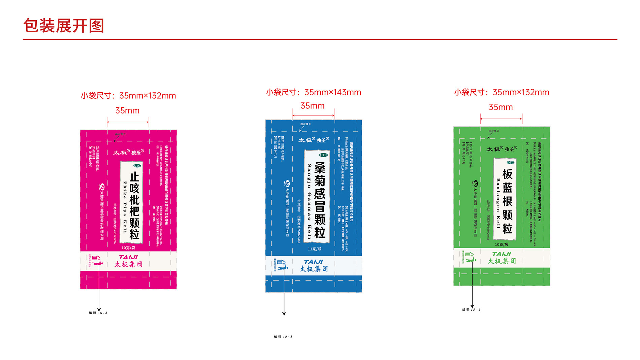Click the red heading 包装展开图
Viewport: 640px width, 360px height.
click(64, 26)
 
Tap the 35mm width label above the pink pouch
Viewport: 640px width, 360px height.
click(127, 110)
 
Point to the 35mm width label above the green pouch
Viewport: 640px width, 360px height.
click(501, 107)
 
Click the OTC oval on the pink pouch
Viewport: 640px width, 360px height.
click(137, 166)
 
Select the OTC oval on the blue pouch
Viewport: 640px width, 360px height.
click(323, 155)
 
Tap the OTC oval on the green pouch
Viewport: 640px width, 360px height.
click(511, 162)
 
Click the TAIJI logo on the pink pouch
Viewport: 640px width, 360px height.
click(128, 257)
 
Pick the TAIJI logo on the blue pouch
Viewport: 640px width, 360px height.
click(313, 262)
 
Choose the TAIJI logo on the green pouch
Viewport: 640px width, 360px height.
click(502, 254)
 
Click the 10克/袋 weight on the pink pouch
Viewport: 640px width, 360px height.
click(128, 248)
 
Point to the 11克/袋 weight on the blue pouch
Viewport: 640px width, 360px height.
click(314, 249)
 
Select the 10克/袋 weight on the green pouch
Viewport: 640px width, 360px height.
click(502, 244)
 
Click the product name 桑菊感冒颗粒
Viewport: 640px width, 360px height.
click(320, 200)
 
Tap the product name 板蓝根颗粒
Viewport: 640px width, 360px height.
click(507, 201)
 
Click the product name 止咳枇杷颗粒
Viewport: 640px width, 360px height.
click(134, 205)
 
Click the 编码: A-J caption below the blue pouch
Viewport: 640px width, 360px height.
click(283, 336)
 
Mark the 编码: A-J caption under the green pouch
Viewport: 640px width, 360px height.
click(471, 309)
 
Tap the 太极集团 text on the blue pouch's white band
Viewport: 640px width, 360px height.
click(314, 269)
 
